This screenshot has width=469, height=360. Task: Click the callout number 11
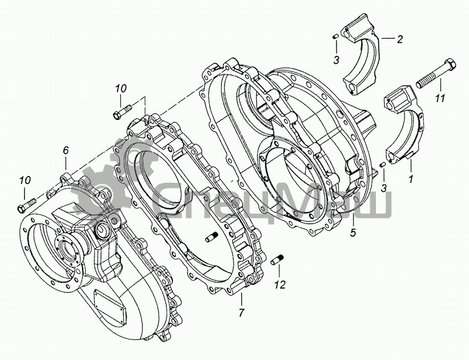coord(439,98)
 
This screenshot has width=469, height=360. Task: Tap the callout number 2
coord(399,40)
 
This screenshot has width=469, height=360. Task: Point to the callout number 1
coord(410,178)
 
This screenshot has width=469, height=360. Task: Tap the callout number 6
coord(66,151)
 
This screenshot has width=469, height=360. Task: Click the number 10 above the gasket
coord(121,88)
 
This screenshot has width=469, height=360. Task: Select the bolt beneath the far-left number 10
coord(26,207)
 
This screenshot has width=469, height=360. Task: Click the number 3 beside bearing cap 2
coord(335,60)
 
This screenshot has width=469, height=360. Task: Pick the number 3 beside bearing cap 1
coord(383,187)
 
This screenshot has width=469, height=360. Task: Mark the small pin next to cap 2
coord(332,36)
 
